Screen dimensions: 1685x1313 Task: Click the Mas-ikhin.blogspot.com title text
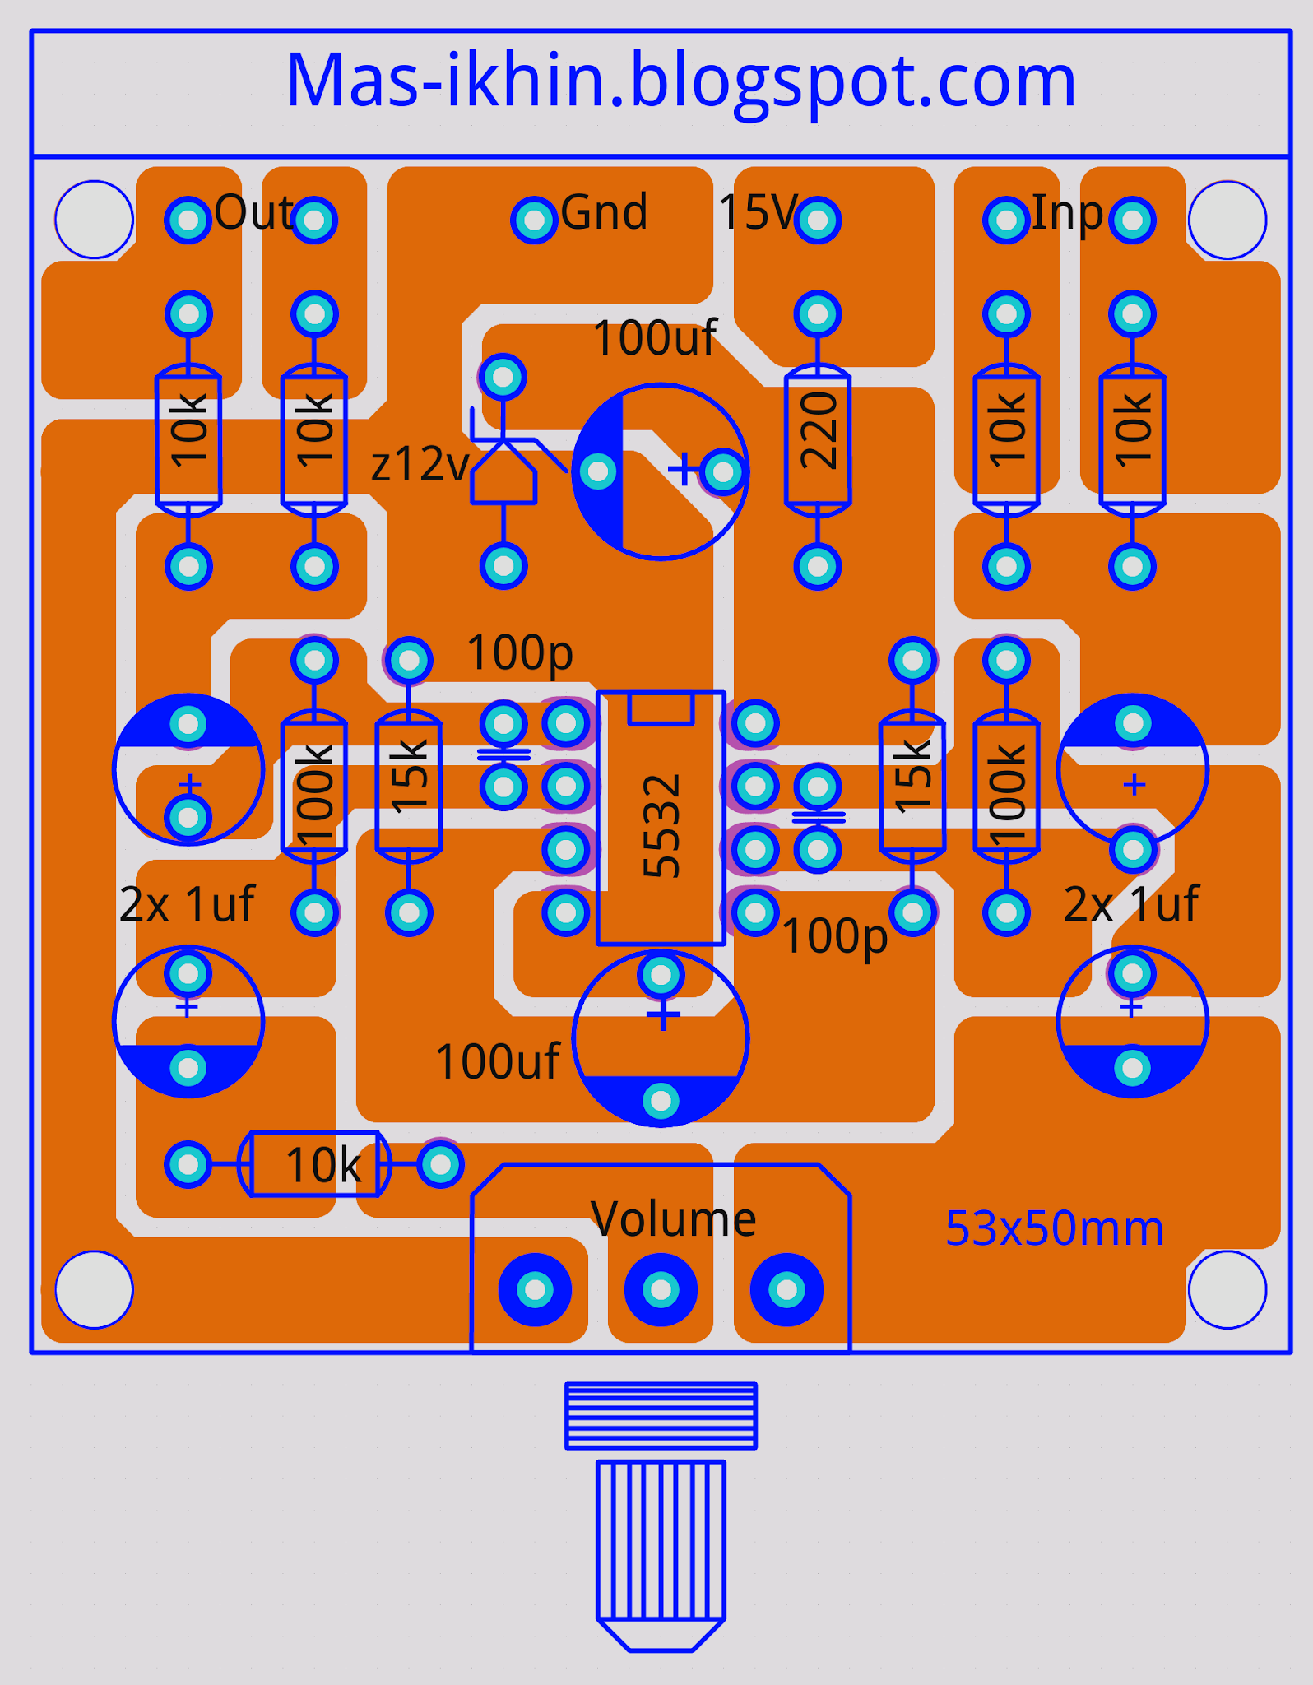(680, 81)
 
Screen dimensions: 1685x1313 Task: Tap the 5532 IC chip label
(661, 825)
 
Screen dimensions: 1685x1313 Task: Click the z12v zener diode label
(420, 465)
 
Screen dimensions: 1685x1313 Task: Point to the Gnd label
(604, 212)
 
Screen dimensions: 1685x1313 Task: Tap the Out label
(253, 212)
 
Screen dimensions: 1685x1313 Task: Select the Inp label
(1066, 212)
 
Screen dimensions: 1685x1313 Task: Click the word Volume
(673, 1219)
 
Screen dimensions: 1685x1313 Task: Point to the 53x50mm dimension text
(1054, 1228)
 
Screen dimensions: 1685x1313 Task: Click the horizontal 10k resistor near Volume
(314, 1164)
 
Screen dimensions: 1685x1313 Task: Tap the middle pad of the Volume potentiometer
(661, 1289)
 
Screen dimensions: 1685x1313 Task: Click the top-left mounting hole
(95, 220)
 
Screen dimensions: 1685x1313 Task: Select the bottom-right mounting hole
(1227, 1289)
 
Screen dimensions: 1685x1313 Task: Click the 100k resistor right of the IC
(1006, 786)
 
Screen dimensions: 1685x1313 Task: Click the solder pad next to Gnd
(534, 220)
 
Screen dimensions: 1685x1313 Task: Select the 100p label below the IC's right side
(834, 936)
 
